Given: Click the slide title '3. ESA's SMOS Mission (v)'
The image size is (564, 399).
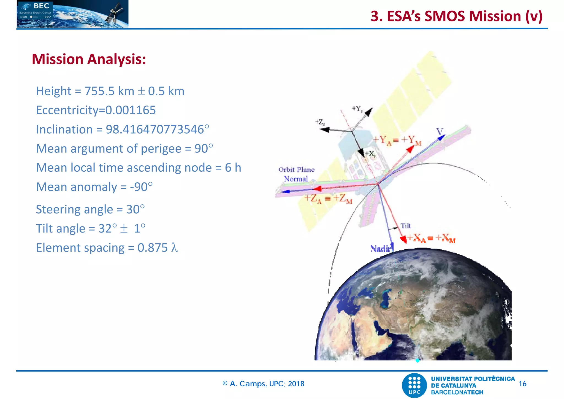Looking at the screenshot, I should tap(456, 16).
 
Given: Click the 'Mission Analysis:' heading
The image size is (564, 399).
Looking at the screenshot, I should tap(89, 59).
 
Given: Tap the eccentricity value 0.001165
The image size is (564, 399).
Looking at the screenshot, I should tap(131, 110).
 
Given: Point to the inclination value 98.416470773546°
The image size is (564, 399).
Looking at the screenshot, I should tap(157, 130).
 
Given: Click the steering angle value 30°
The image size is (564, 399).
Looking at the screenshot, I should tap(135, 209).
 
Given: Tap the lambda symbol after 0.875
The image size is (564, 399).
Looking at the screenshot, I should tap(175, 247).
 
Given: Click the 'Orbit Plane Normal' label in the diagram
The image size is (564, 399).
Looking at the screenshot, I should tap(296, 174).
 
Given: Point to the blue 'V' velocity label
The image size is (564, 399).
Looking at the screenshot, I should tap(440, 131).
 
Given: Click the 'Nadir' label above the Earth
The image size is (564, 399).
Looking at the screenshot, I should tap(381, 249).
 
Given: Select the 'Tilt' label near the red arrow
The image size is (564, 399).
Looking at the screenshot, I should tap(405, 226).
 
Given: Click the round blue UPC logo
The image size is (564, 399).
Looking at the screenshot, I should tap(414, 385).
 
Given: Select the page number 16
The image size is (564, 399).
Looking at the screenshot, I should tap(522, 384).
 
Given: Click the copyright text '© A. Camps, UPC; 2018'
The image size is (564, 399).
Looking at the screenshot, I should tap(263, 384).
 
